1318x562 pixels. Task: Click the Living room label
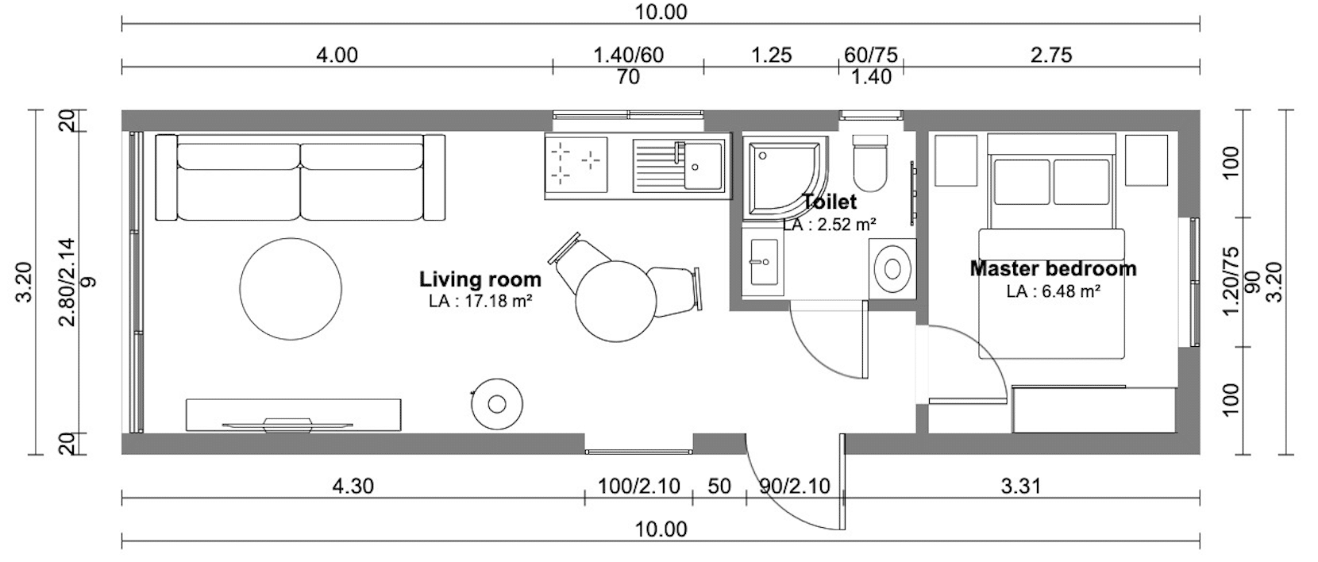[x=480, y=279]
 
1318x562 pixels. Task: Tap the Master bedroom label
[x=1053, y=269]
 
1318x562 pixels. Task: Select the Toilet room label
[x=830, y=202]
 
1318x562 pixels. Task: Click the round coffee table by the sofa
[x=291, y=289]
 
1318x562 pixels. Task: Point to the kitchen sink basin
[x=703, y=166]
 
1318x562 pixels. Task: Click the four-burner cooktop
[x=576, y=165]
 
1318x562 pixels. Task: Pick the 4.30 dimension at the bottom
[x=353, y=486]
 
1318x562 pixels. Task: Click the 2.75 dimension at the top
[x=1051, y=56]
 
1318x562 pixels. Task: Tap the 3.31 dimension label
[x=1021, y=486]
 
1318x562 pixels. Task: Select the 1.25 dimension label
[x=772, y=56]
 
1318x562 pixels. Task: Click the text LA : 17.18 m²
[x=480, y=302]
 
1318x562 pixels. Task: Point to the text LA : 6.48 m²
[x=1054, y=291]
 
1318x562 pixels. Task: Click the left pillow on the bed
[x=1022, y=182]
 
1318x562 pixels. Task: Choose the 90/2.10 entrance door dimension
[x=794, y=486]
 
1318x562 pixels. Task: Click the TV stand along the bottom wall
[x=294, y=415]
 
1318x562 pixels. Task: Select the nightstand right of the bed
[x=1147, y=160]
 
